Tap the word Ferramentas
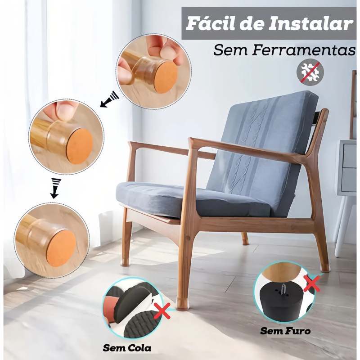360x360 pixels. coord(304,50)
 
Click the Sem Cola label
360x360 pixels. coord(127,348)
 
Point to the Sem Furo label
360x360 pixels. coord(285,331)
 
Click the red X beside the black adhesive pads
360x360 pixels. coord(162,311)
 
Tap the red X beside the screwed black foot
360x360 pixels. coord(311,283)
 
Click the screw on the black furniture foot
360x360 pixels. coord(283,287)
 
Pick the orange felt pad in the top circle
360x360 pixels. coord(164,77)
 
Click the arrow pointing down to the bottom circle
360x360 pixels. coord(54,188)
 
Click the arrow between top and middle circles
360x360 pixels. coord(110,99)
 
